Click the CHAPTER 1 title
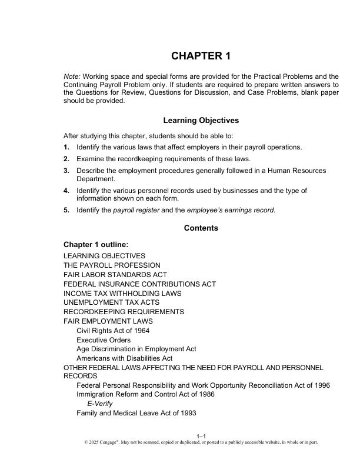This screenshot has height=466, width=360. coord(201,56)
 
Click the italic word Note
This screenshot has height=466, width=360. coord(72,76)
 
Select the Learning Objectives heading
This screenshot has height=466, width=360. coord(201,120)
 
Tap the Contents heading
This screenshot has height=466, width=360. coord(201,228)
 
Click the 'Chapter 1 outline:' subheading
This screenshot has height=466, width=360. coord(96,244)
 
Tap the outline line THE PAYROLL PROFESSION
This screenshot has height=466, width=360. coord(112,265)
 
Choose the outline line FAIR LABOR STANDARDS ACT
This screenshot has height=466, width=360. coord(115,275)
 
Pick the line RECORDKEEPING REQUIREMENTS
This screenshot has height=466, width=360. coord(124,312)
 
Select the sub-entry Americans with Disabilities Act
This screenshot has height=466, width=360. coord(124,358)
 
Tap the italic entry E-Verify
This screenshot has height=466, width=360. coord(99,404)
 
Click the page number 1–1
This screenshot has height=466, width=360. coord(201,436)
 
